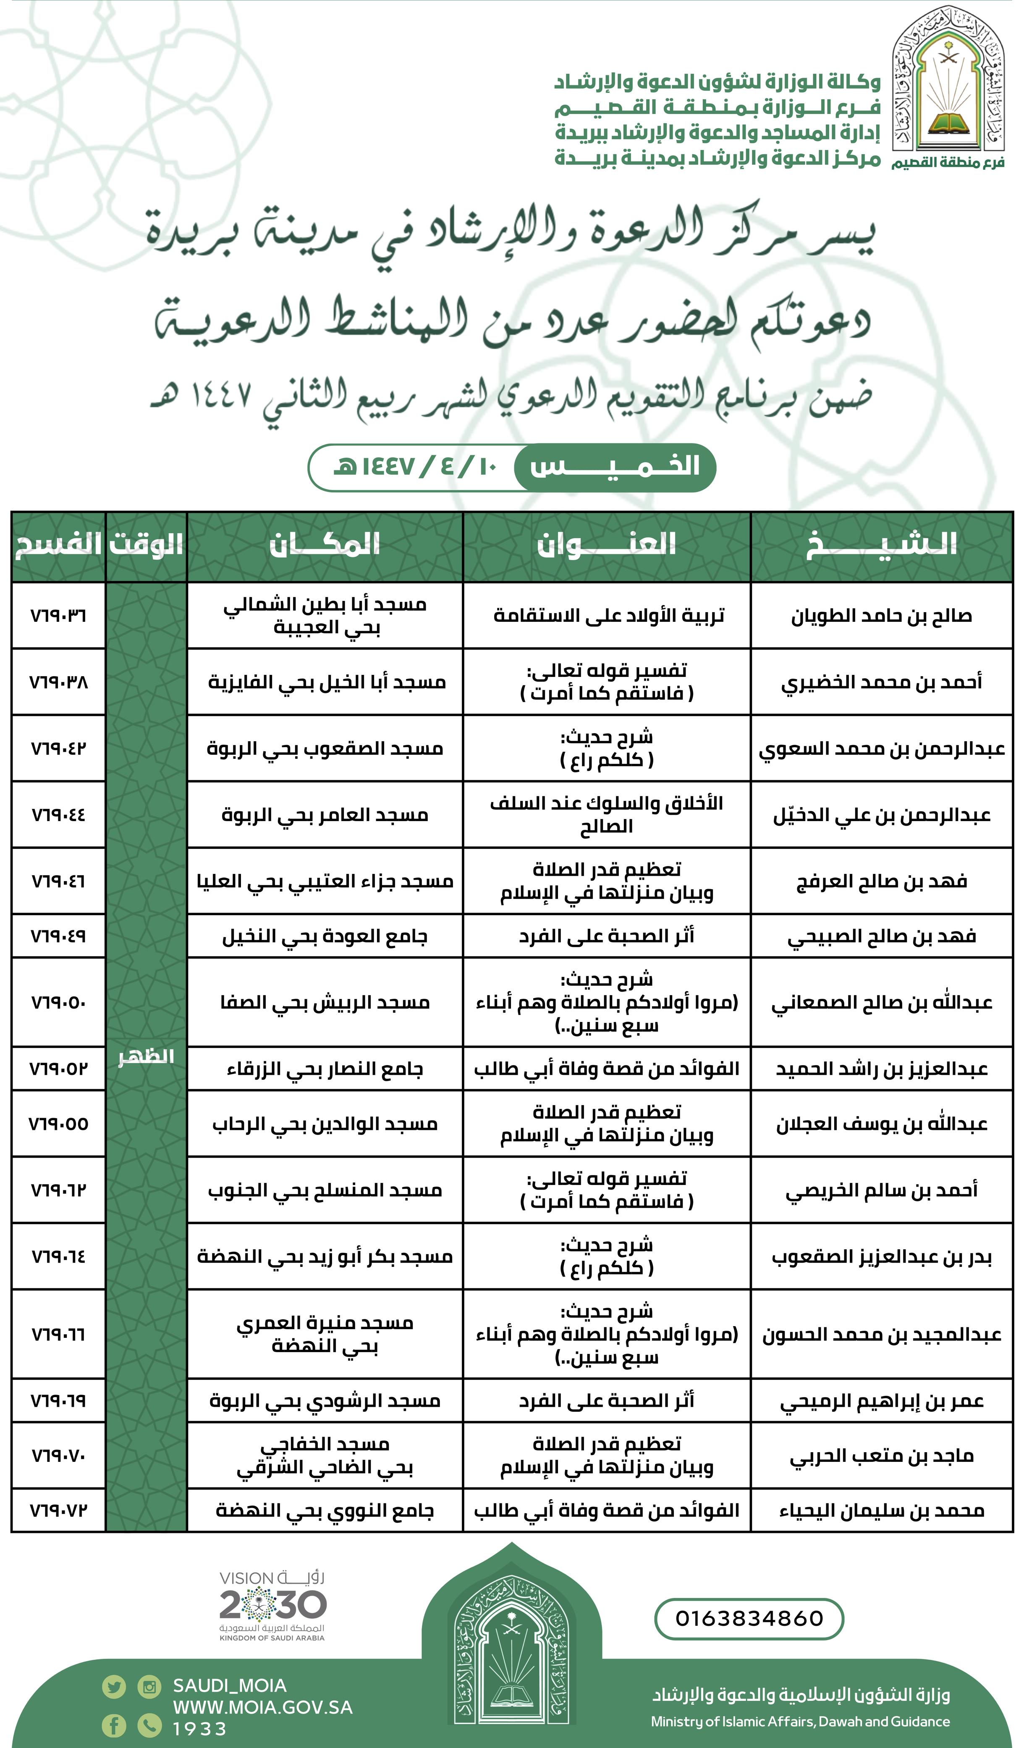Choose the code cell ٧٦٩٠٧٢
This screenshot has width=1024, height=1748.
point(58,1510)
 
